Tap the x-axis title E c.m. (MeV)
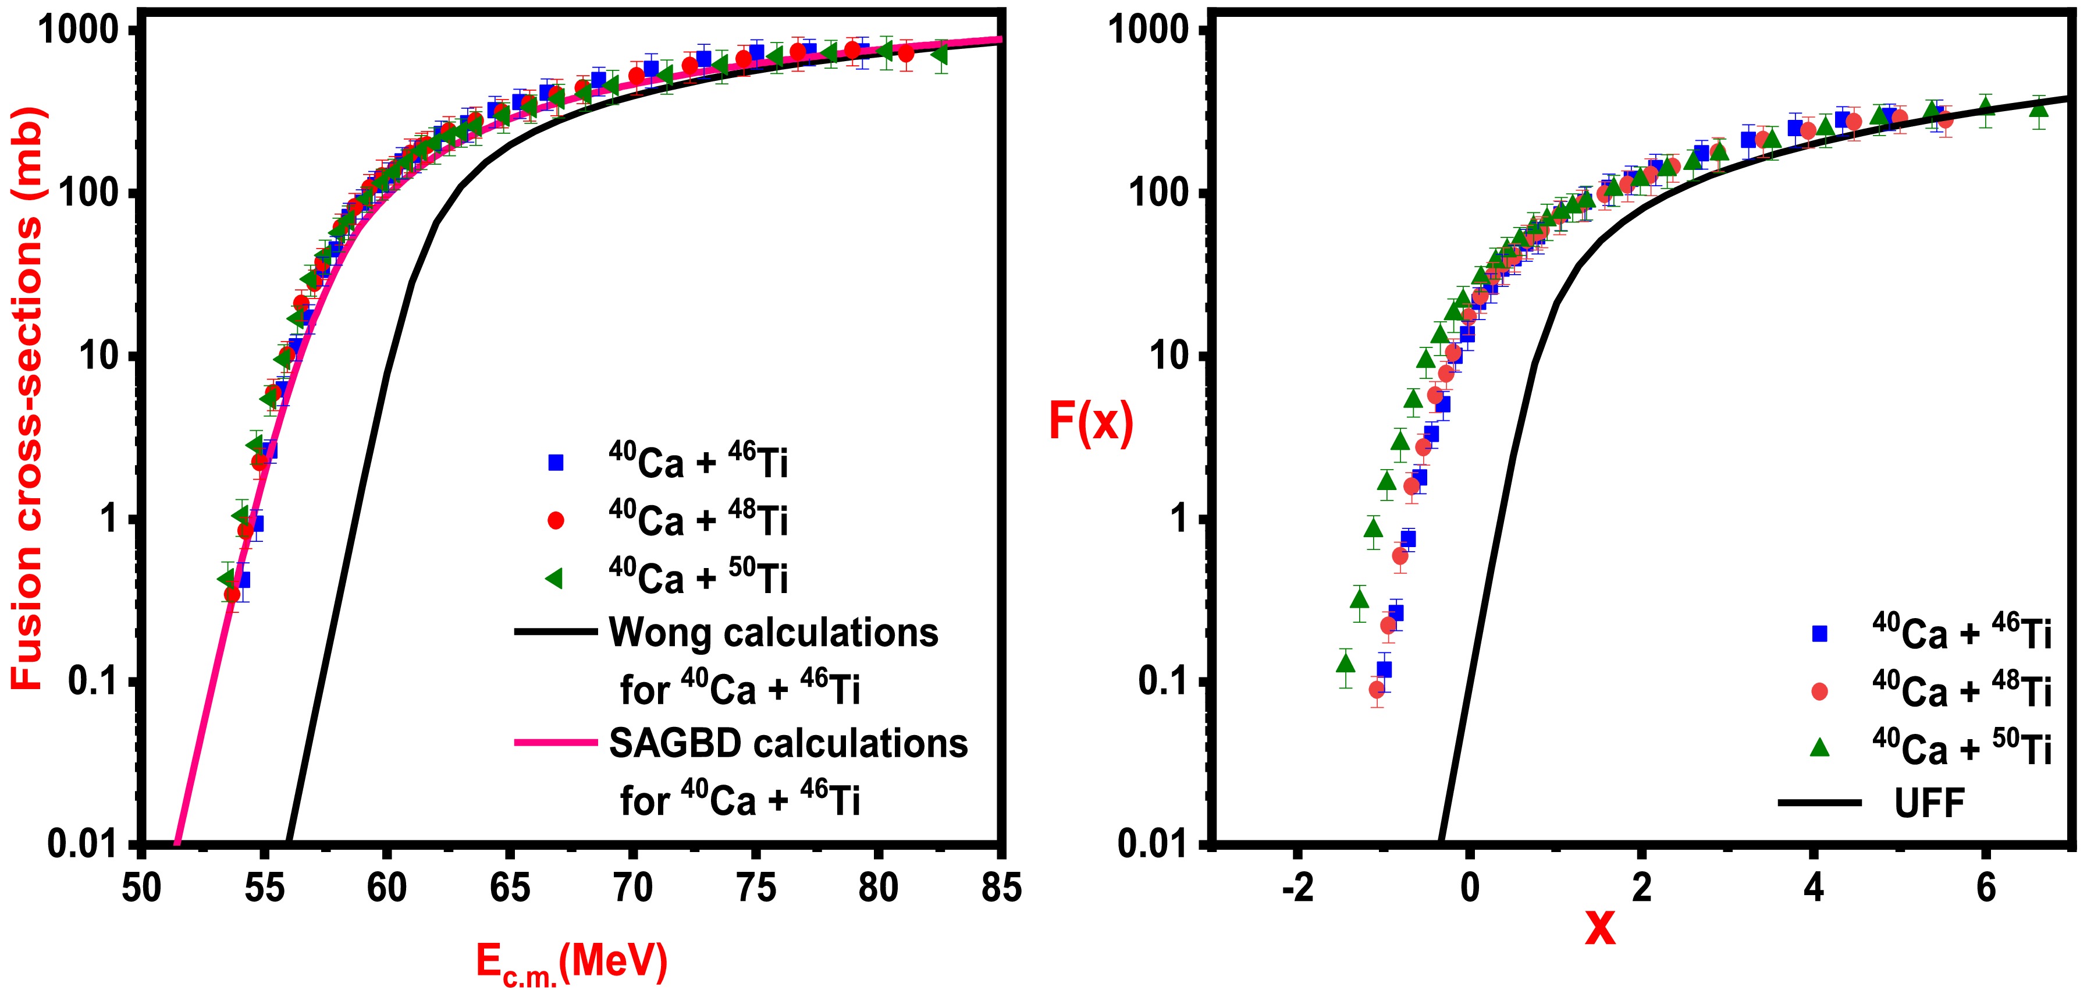pos(572,963)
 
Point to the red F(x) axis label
pos(1090,421)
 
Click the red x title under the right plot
pos(1600,928)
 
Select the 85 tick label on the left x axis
pos(1001,889)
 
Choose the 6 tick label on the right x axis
pos(1986,889)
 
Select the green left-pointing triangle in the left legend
pos(555,577)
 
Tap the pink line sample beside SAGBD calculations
pos(556,741)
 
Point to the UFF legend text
pos(1929,803)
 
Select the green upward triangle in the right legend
pos(1819,748)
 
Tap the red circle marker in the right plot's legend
pos(1819,691)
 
